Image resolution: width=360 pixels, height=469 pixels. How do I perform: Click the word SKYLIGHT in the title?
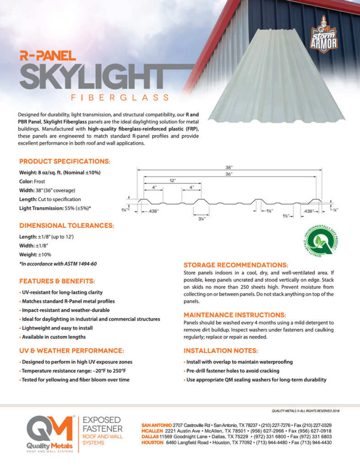pos(92,77)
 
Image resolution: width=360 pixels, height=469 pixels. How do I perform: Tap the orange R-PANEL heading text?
pos(47,56)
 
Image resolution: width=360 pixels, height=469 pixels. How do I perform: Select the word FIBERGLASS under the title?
pos(120,97)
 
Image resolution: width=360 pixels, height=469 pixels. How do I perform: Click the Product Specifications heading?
pos(65,162)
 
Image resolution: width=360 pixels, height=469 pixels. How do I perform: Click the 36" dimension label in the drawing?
pos(229,174)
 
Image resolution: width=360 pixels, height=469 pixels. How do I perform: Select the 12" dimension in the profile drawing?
pos(172,180)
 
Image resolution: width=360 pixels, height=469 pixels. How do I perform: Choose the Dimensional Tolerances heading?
pos(66,225)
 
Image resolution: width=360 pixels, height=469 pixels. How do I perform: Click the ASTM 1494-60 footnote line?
pos(58,263)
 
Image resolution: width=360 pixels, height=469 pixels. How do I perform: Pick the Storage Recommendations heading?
pos(236,265)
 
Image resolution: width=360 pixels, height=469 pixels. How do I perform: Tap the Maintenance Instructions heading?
pos(235,315)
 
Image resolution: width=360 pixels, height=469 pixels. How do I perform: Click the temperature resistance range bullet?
pos(74,371)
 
